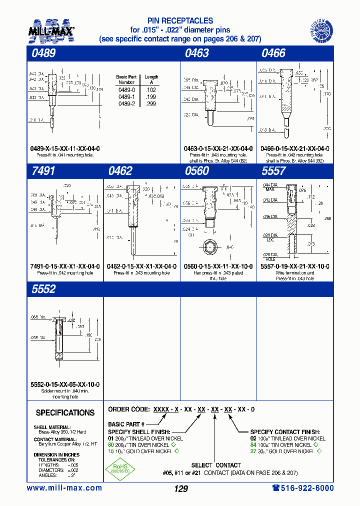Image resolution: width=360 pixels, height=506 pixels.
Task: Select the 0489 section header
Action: coord(43,53)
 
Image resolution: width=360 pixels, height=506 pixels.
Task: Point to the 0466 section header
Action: coord(273,53)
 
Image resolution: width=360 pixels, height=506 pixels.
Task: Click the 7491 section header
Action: coord(43,171)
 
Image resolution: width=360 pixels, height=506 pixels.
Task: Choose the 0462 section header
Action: coord(120,171)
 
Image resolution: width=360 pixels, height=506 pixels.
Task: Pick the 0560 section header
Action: coord(196,171)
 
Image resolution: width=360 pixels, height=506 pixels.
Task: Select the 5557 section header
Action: coord(273,171)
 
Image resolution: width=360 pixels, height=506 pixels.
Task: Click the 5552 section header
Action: coord(43,289)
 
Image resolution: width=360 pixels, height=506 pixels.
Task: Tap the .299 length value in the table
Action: coord(150,103)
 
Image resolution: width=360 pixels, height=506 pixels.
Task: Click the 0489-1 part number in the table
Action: coord(126,96)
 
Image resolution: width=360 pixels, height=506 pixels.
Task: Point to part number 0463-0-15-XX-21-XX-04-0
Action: coord(218,148)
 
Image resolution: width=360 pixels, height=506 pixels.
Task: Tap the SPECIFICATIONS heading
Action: coord(65,412)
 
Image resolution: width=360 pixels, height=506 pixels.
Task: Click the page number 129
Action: coord(180,488)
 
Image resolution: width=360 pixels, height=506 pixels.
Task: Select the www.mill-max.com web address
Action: coord(64,488)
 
